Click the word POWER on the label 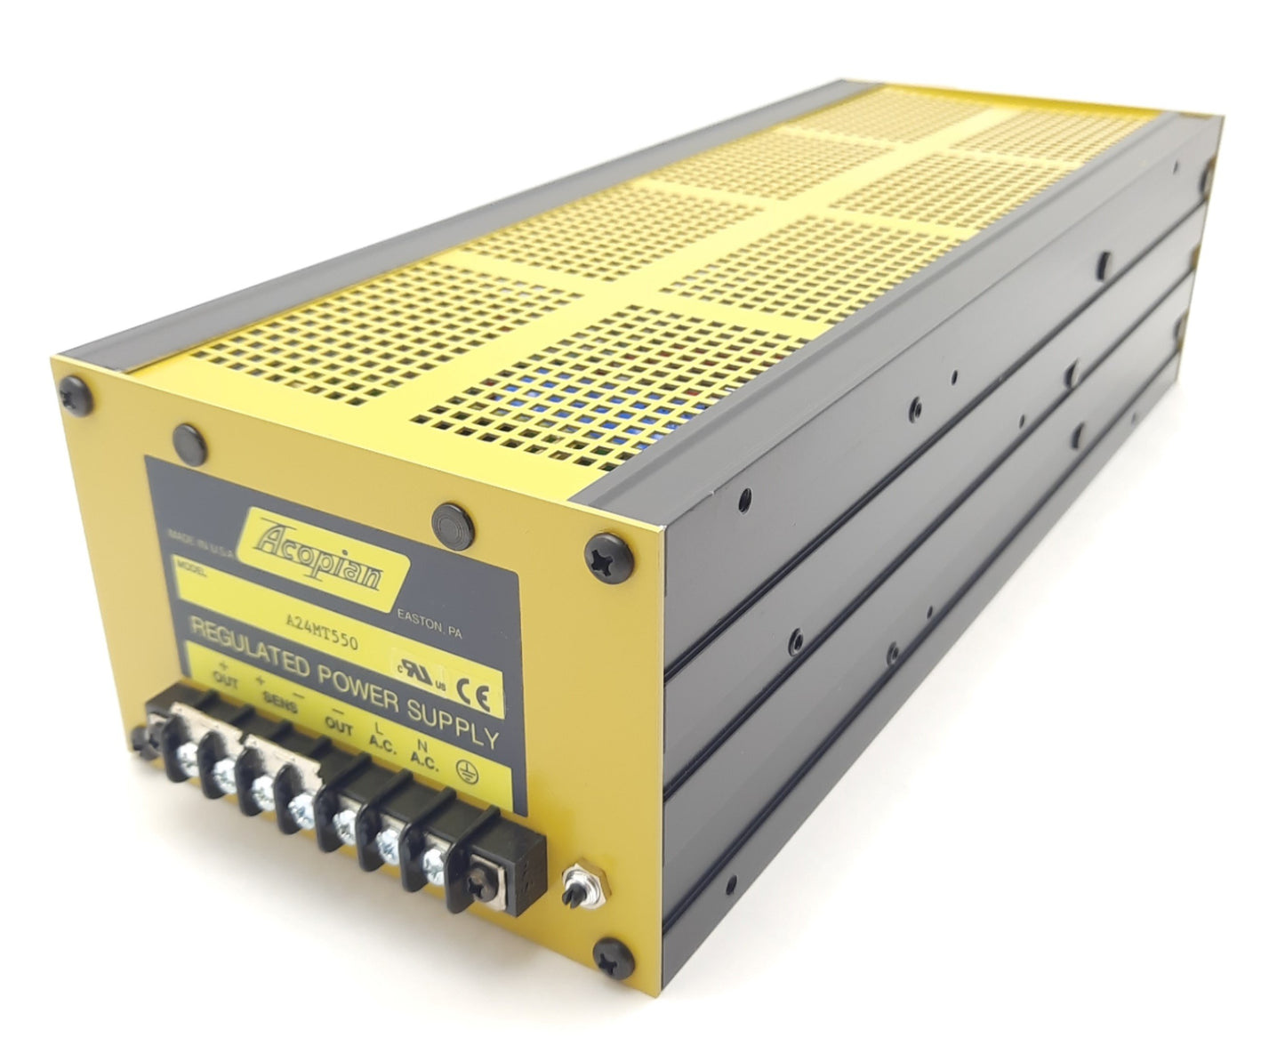(367, 686)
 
